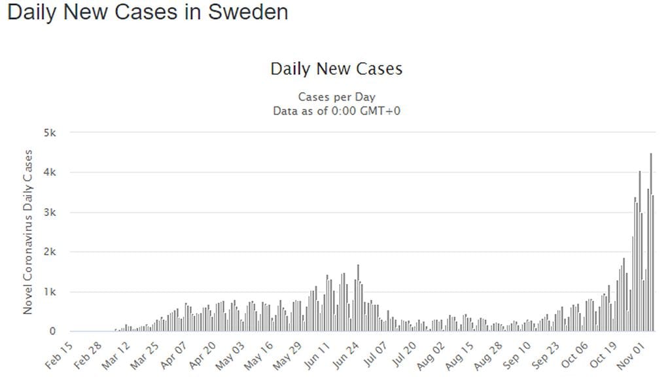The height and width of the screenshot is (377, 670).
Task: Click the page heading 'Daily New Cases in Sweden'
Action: tap(147, 12)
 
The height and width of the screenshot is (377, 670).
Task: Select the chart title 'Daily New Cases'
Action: tap(336, 69)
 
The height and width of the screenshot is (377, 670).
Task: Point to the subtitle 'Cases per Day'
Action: tap(336, 97)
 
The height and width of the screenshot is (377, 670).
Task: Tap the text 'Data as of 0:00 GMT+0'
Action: tap(336, 111)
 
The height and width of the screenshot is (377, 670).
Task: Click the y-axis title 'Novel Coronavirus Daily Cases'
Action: tap(28, 232)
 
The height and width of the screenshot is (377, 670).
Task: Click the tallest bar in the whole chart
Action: tap(651, 242)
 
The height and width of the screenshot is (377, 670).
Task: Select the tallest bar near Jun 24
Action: tap(358, 298)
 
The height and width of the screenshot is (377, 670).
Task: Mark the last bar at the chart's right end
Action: tap(653, 263)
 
